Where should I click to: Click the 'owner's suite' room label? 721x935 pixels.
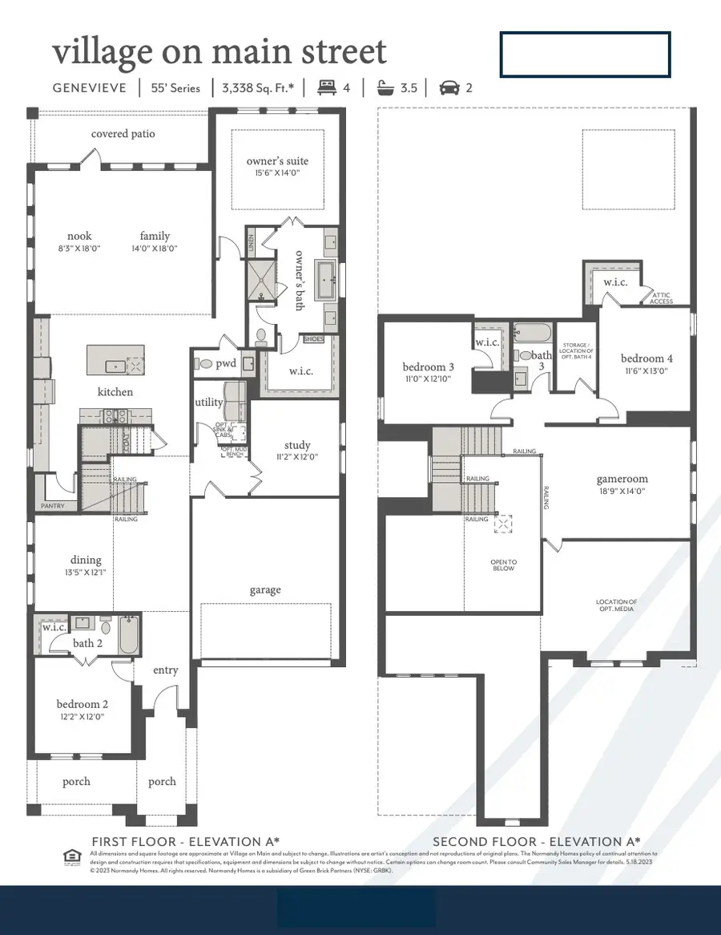click(277, 161)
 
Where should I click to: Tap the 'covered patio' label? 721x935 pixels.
click(123, 134)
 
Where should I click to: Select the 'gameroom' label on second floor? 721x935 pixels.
click(621, 479)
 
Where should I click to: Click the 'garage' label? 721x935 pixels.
click(264, 590)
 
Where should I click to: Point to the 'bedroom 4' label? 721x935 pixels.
click(646, 358)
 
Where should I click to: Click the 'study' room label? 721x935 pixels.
click(296, 445)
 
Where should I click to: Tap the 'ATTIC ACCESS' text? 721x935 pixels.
click(661, 298)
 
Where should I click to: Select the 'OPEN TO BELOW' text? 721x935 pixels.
click(504, 565)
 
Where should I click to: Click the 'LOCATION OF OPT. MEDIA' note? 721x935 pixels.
click(616, 605)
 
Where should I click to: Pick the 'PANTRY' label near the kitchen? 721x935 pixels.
click(53, 506)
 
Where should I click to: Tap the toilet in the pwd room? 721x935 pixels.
click(207, 364)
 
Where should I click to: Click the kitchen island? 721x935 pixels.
click(115, 360)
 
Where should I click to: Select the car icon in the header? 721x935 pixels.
click(449, 88)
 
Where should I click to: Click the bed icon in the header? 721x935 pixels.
click(327, 88)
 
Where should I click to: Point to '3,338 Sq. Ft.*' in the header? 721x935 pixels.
click(256, 88)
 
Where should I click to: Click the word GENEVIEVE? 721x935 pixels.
click(89, 88)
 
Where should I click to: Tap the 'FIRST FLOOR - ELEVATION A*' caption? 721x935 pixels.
click(185, 841)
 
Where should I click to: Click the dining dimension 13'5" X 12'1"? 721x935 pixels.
click(86, 573)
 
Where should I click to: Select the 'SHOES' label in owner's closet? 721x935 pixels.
click(314, 340)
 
